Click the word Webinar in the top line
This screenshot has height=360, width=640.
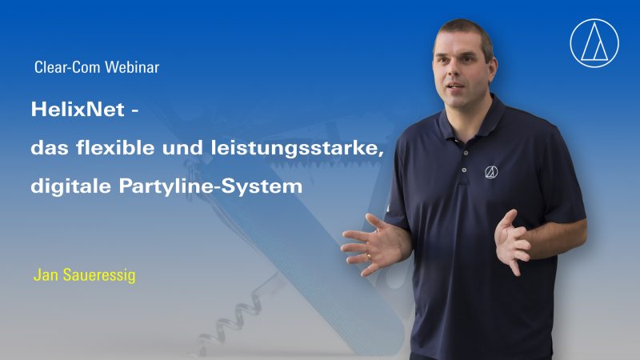point(132,67)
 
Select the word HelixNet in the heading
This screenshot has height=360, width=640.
point(78,110)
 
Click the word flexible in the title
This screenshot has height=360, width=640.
point(115,147)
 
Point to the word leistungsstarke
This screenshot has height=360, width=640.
point(298,149)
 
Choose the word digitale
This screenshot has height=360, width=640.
point(70,186)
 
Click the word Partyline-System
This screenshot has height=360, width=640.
point(210,187)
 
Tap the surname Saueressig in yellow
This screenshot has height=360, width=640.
point(99,275)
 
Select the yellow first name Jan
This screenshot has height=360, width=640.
point(46,275)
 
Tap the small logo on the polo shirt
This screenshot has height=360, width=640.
point(491,172)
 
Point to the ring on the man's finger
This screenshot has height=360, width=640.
point(368,257)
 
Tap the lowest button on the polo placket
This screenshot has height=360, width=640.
point(464,170)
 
